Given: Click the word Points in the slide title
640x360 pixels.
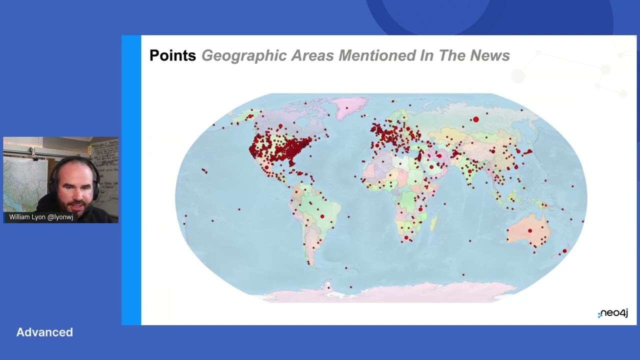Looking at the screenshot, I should (x=172, y=55).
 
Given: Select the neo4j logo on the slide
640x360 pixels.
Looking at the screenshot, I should (x=613, y=313).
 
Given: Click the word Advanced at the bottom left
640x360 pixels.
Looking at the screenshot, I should (x=44, y=332).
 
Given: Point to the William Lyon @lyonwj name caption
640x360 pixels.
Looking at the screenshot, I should (x=41, y=217).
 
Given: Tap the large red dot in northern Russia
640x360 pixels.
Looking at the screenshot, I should (x=476, y=119).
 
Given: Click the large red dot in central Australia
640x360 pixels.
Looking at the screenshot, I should (x=530, y=230).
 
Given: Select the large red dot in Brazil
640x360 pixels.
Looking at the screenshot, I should (x=322, y=216).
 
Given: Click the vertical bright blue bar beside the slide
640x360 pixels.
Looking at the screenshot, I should (x=131, y=180).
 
